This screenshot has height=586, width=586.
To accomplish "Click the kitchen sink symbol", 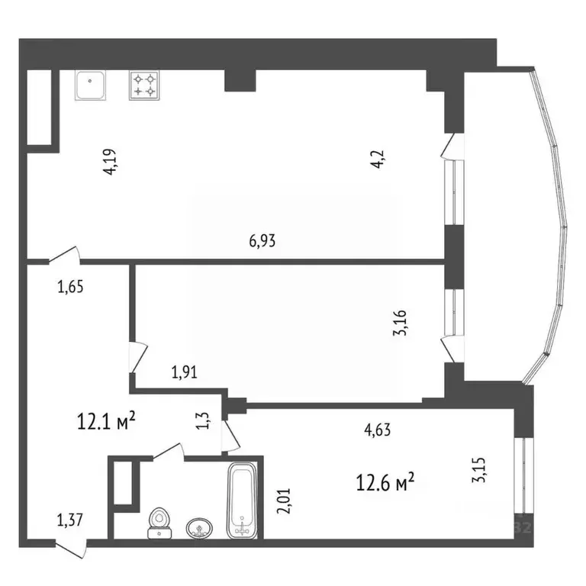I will (x=92, y=85).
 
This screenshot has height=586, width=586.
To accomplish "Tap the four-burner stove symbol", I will (x=144, y=85).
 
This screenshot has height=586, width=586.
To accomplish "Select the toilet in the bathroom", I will (x=159, y=523).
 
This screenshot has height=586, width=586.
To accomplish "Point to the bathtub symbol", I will (x=243, y=501).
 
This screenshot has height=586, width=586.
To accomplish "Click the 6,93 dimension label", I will (x=262, y=241).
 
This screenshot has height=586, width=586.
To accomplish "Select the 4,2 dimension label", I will (x=378, y=163).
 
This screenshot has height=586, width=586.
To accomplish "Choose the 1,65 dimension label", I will (x=69, y=287).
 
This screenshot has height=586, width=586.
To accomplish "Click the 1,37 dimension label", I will (x=69, y=521).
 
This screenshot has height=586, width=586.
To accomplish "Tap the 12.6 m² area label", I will (x=385, y=481).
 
